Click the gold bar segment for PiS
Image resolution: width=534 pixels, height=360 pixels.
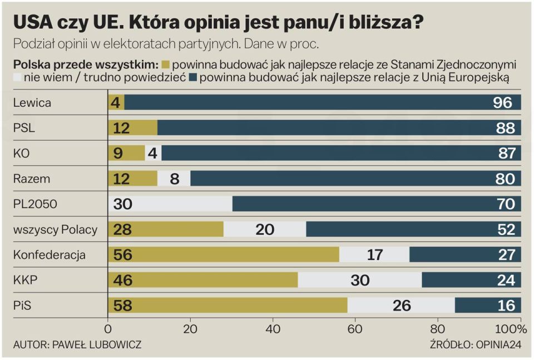click(228, 305)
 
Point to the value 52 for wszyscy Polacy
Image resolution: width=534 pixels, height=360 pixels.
click(507, 229)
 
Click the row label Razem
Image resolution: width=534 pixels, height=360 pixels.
click(32, 179)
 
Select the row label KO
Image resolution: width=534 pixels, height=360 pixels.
click(21, 154)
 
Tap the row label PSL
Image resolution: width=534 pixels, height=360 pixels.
click(24, 128)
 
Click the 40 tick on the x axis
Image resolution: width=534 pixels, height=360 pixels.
click(273, 328)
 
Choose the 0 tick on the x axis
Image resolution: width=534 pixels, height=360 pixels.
click(108, 328)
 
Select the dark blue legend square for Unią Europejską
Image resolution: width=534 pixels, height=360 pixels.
click(193, 78)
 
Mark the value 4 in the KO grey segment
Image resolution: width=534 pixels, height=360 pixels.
click(153, 154)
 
